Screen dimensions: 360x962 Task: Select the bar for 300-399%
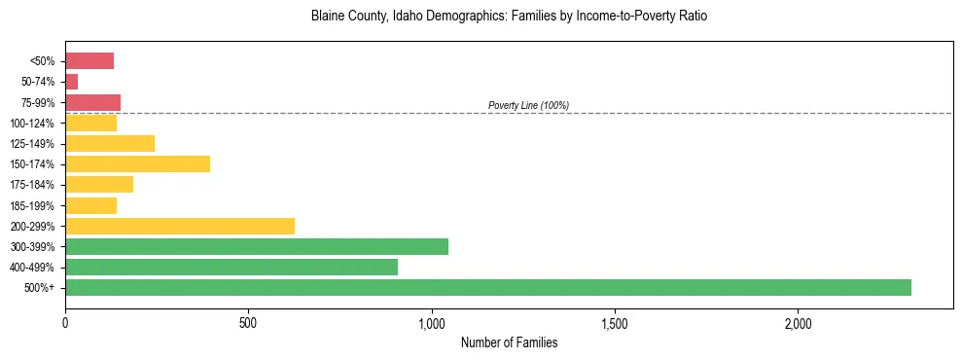pos(257,246)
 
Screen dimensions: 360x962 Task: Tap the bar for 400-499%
pos(232,267)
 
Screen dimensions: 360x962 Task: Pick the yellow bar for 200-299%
pos(180,226)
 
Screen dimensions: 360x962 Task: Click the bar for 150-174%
pos(137,163)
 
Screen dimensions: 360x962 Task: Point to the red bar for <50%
pos(89,60)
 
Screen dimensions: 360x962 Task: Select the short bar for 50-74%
pos(72,82)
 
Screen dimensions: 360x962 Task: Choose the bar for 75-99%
pos(92,102)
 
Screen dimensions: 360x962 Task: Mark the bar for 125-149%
pos(110,143)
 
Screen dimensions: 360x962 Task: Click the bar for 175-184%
pos(99,185)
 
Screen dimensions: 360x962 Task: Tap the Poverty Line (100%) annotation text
pos(528,105)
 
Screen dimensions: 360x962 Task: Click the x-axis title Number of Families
pos(509,342)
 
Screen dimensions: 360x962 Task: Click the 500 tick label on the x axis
pos(248,322)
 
